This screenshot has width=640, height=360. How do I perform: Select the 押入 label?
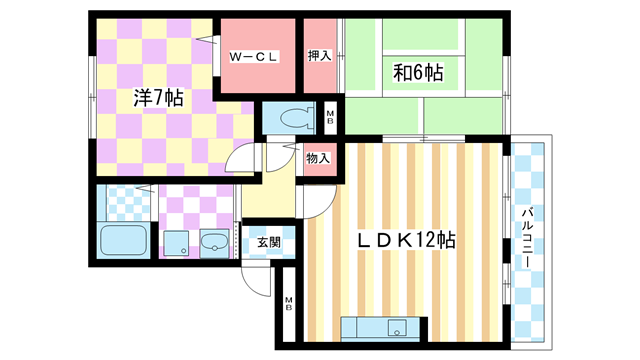(x=319, y=57)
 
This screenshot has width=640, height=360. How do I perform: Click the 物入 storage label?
(x=319, y=158)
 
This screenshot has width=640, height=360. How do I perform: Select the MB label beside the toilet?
(x=332, y=118)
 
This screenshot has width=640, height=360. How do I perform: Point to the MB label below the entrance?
(x=288, y=305)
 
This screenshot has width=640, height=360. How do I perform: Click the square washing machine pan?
(x=177, y=243)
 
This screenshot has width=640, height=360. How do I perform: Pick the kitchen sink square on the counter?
(x=398, y=329)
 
